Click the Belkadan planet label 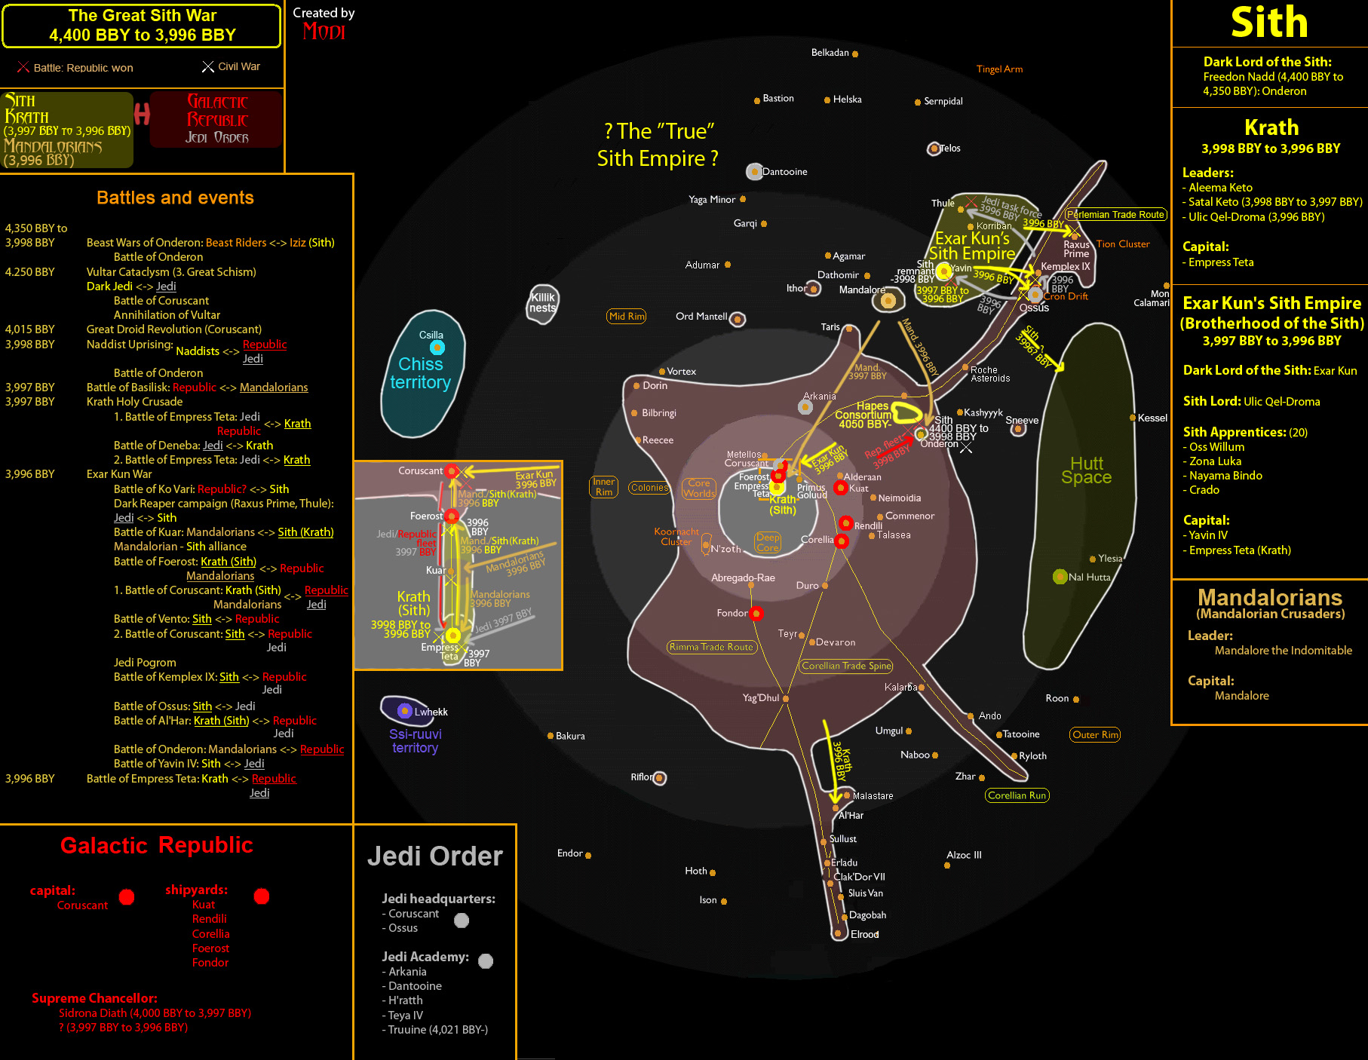tap(830, 53)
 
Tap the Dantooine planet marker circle tap(753, 171)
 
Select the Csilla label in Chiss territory tap(431, 335)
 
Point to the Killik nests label tap(542, 302)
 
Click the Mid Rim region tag tap(627, 316)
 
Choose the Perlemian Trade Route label tap(1115, 215)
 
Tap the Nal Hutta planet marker tap(1060, 577)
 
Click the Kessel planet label tap(1152, 418)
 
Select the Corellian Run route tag tap(1017, 795)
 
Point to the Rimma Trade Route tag tap(710, 647)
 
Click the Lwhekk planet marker tap(404, 710)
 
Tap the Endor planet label tap(569, 853)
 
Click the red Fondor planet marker tap(756, 613)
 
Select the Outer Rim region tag tap(1095, 734)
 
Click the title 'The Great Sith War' tap(142, 16)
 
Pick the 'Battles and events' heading tap(175, 198)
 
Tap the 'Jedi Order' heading tap(434, 856)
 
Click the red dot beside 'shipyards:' tap(262, 896)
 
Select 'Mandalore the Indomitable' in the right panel tap(1283, 650)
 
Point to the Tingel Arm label tap(999, 69)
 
